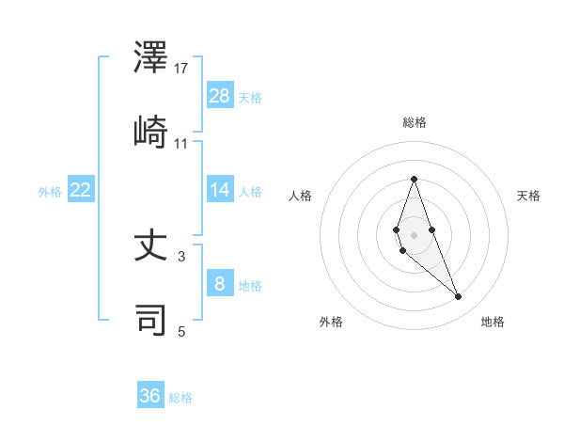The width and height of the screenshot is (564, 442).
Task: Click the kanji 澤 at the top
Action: point(152,57)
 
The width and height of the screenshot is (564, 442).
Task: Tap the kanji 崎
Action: point(152,133)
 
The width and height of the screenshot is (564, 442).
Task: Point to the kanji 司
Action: point(152,320)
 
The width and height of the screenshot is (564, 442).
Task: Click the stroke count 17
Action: point(181,68)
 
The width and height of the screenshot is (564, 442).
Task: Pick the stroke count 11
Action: point(181,143)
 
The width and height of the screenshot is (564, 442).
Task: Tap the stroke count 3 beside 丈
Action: point(181,255)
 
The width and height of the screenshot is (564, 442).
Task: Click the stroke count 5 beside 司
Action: point(181,330)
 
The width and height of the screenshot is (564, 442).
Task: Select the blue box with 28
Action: point(220,96)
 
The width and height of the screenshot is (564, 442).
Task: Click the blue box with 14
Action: point(220,190)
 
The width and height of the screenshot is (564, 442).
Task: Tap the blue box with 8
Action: point(220,283)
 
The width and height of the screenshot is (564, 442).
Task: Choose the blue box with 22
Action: point(81,190)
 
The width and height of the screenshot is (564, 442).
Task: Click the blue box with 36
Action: point(150,396)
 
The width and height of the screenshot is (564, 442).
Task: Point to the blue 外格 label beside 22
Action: point(50,192)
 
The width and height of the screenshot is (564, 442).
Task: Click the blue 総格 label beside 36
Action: point(180,398)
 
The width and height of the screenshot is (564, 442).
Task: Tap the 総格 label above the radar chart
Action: point(414,122)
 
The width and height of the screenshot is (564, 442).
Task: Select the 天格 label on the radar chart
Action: point(529,196)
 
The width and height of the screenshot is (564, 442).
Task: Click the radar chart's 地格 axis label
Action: point(493,322)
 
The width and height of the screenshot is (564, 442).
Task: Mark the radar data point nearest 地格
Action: point(459,297)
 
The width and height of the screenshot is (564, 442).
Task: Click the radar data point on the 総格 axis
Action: point(414,179)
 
